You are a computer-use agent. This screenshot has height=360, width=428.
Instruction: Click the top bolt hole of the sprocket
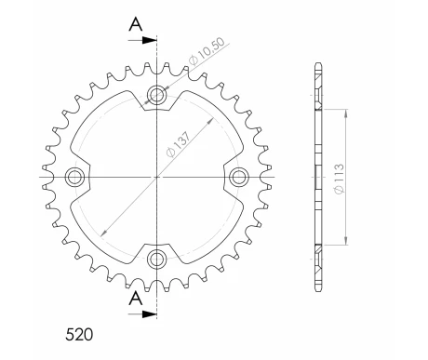[x=157, y=93]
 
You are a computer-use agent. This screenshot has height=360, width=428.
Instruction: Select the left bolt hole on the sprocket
[x=75, y=175]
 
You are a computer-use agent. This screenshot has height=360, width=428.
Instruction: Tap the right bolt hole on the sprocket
[x=239, y=175]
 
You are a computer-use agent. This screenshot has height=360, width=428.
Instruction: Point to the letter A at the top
[x=136, y=25]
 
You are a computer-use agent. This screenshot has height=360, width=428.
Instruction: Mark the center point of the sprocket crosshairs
[x=157, y=175]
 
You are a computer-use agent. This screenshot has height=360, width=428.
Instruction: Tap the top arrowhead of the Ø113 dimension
[x=347, y=113]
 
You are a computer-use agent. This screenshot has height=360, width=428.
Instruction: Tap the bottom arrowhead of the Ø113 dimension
[x=347, y=239]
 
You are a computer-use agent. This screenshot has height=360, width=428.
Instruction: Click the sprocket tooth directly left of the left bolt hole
[x=45, y=175]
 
